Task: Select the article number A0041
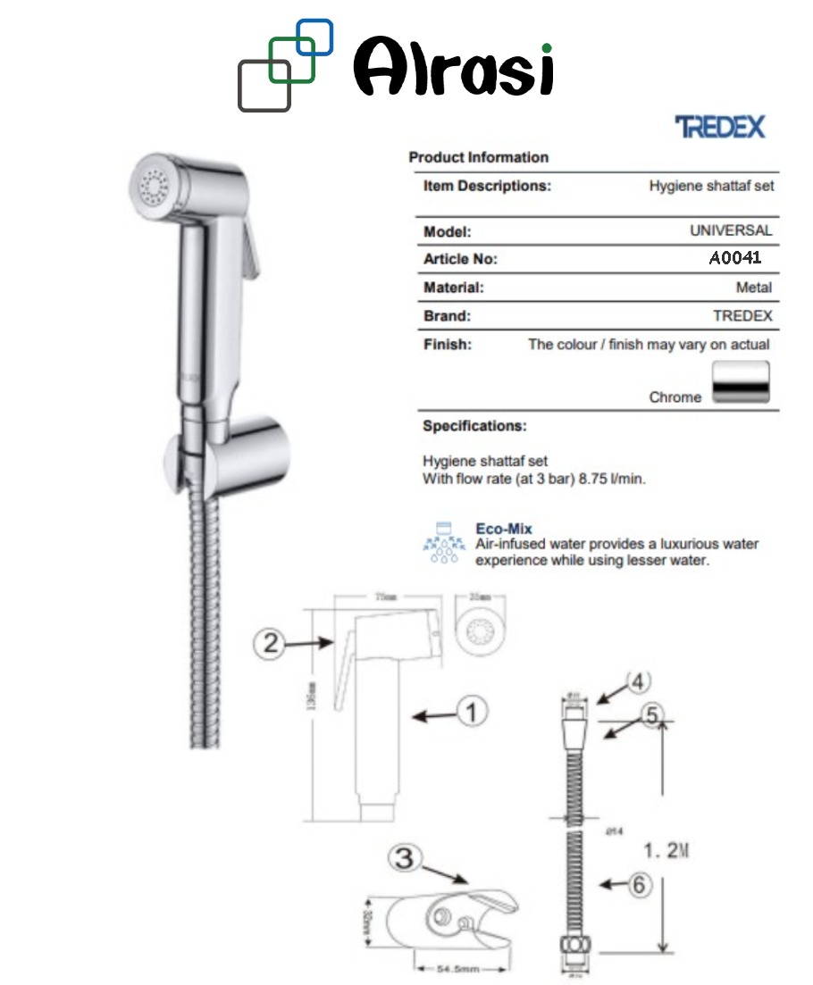click(x=734, y=259)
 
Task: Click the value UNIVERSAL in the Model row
click(x=730, y=230)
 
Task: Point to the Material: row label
click(x=453, y=288)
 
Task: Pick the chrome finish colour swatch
click(x=741, y=383)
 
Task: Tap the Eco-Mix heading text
click(x=503, y=530)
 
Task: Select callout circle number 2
click(x=271, y=643)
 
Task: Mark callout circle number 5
click(x=651, y=714)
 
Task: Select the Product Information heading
click(x=478, y=157)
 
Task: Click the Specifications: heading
click(x=474, y=426)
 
